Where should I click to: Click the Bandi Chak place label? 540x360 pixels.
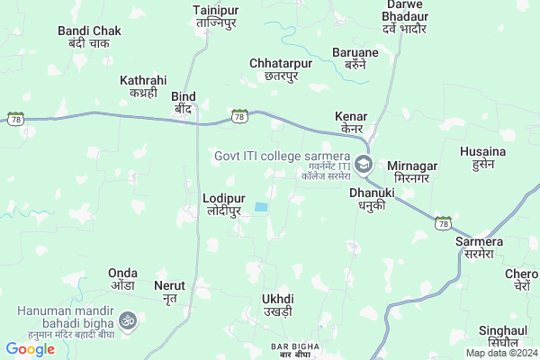click(x=89, y=37)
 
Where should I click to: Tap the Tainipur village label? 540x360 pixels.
click(x=214, y=16)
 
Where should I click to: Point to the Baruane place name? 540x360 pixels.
click(x=355, y=58)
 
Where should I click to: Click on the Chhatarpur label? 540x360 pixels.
click(x=279, y=69)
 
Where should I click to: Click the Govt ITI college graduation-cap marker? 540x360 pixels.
click(x=363, y=164)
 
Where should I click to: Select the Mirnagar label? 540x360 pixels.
click(x=417, y=172)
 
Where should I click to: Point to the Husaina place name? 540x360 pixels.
click(x=484, y=157)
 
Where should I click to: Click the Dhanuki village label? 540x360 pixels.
click(x=373, y=198)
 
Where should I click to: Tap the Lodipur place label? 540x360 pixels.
click(x=224, y=203)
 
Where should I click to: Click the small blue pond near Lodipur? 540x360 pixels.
click(x=261, y=208)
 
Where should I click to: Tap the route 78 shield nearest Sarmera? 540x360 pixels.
click(x=442, y=221)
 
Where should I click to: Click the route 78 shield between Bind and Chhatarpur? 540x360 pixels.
click(x=238, y=116)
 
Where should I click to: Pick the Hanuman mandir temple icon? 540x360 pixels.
click(x=127, y=319)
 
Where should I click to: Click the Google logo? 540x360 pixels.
click(x=30, y=349)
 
